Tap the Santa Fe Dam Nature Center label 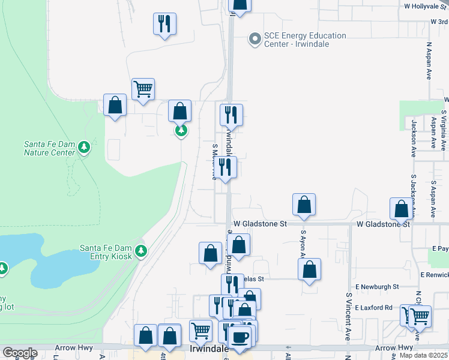tap(49, 148)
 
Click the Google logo tap(20, 353)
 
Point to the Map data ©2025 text tap(423, 355)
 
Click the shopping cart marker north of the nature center tap(143, 89)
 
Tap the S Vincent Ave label tap(348, 316)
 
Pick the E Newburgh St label tap(377, 287)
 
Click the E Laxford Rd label tap(373, 308)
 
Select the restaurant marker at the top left tap(164, 24)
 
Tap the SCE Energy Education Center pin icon tap(255, 40)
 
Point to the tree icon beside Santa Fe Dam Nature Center tap(85, 147)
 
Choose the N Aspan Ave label tap(429, 61)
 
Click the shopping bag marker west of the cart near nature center tap(115, 105)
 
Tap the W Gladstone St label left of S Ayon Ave tap(261, 223)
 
